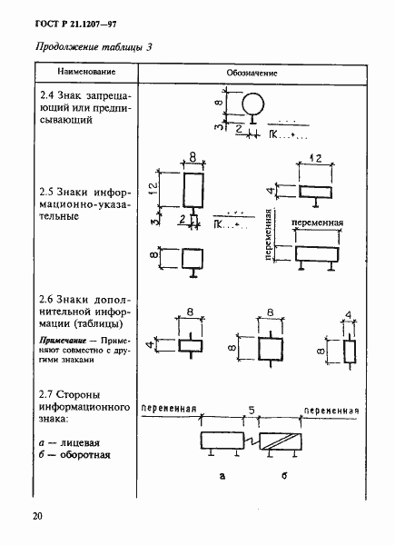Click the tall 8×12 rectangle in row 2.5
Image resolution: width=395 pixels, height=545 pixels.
click(193, 192)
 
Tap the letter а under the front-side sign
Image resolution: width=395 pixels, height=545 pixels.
click(222, 475)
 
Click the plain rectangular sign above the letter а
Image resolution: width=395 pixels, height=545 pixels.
click(222, 441)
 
